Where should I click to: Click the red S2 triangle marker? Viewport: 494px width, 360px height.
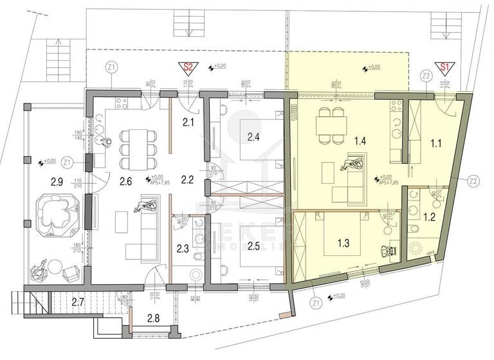click(188, 67)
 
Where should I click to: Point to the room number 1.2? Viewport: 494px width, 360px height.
click(428, 217)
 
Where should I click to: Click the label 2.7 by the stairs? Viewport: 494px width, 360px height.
click(78, 301)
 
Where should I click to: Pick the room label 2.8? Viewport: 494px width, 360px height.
click(154, 318)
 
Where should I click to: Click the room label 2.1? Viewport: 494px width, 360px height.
click(188, 122)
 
